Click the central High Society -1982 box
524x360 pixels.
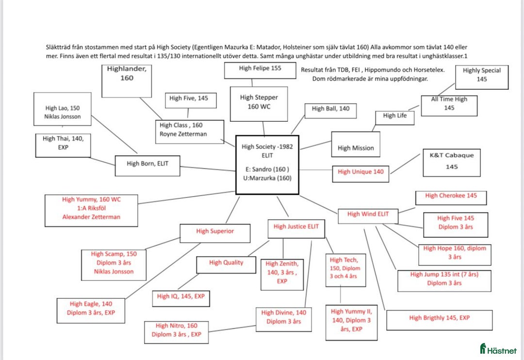tap(267, 165)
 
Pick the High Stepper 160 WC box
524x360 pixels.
tap(259, 103)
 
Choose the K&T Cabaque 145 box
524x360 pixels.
tap(451, 162)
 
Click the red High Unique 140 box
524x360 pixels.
tap(360, 173)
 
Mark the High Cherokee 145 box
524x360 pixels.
tap(451, 196)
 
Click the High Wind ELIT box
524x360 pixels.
tap(368, 214)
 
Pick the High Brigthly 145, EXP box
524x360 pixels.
tap(439, 319)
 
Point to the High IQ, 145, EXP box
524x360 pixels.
tap(180, 296)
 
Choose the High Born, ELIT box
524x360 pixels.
tap(147, 164)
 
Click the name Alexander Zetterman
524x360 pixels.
tap(91, 217)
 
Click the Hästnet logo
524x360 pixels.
tap(498, 348)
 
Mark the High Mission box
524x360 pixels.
tap(356, 145)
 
